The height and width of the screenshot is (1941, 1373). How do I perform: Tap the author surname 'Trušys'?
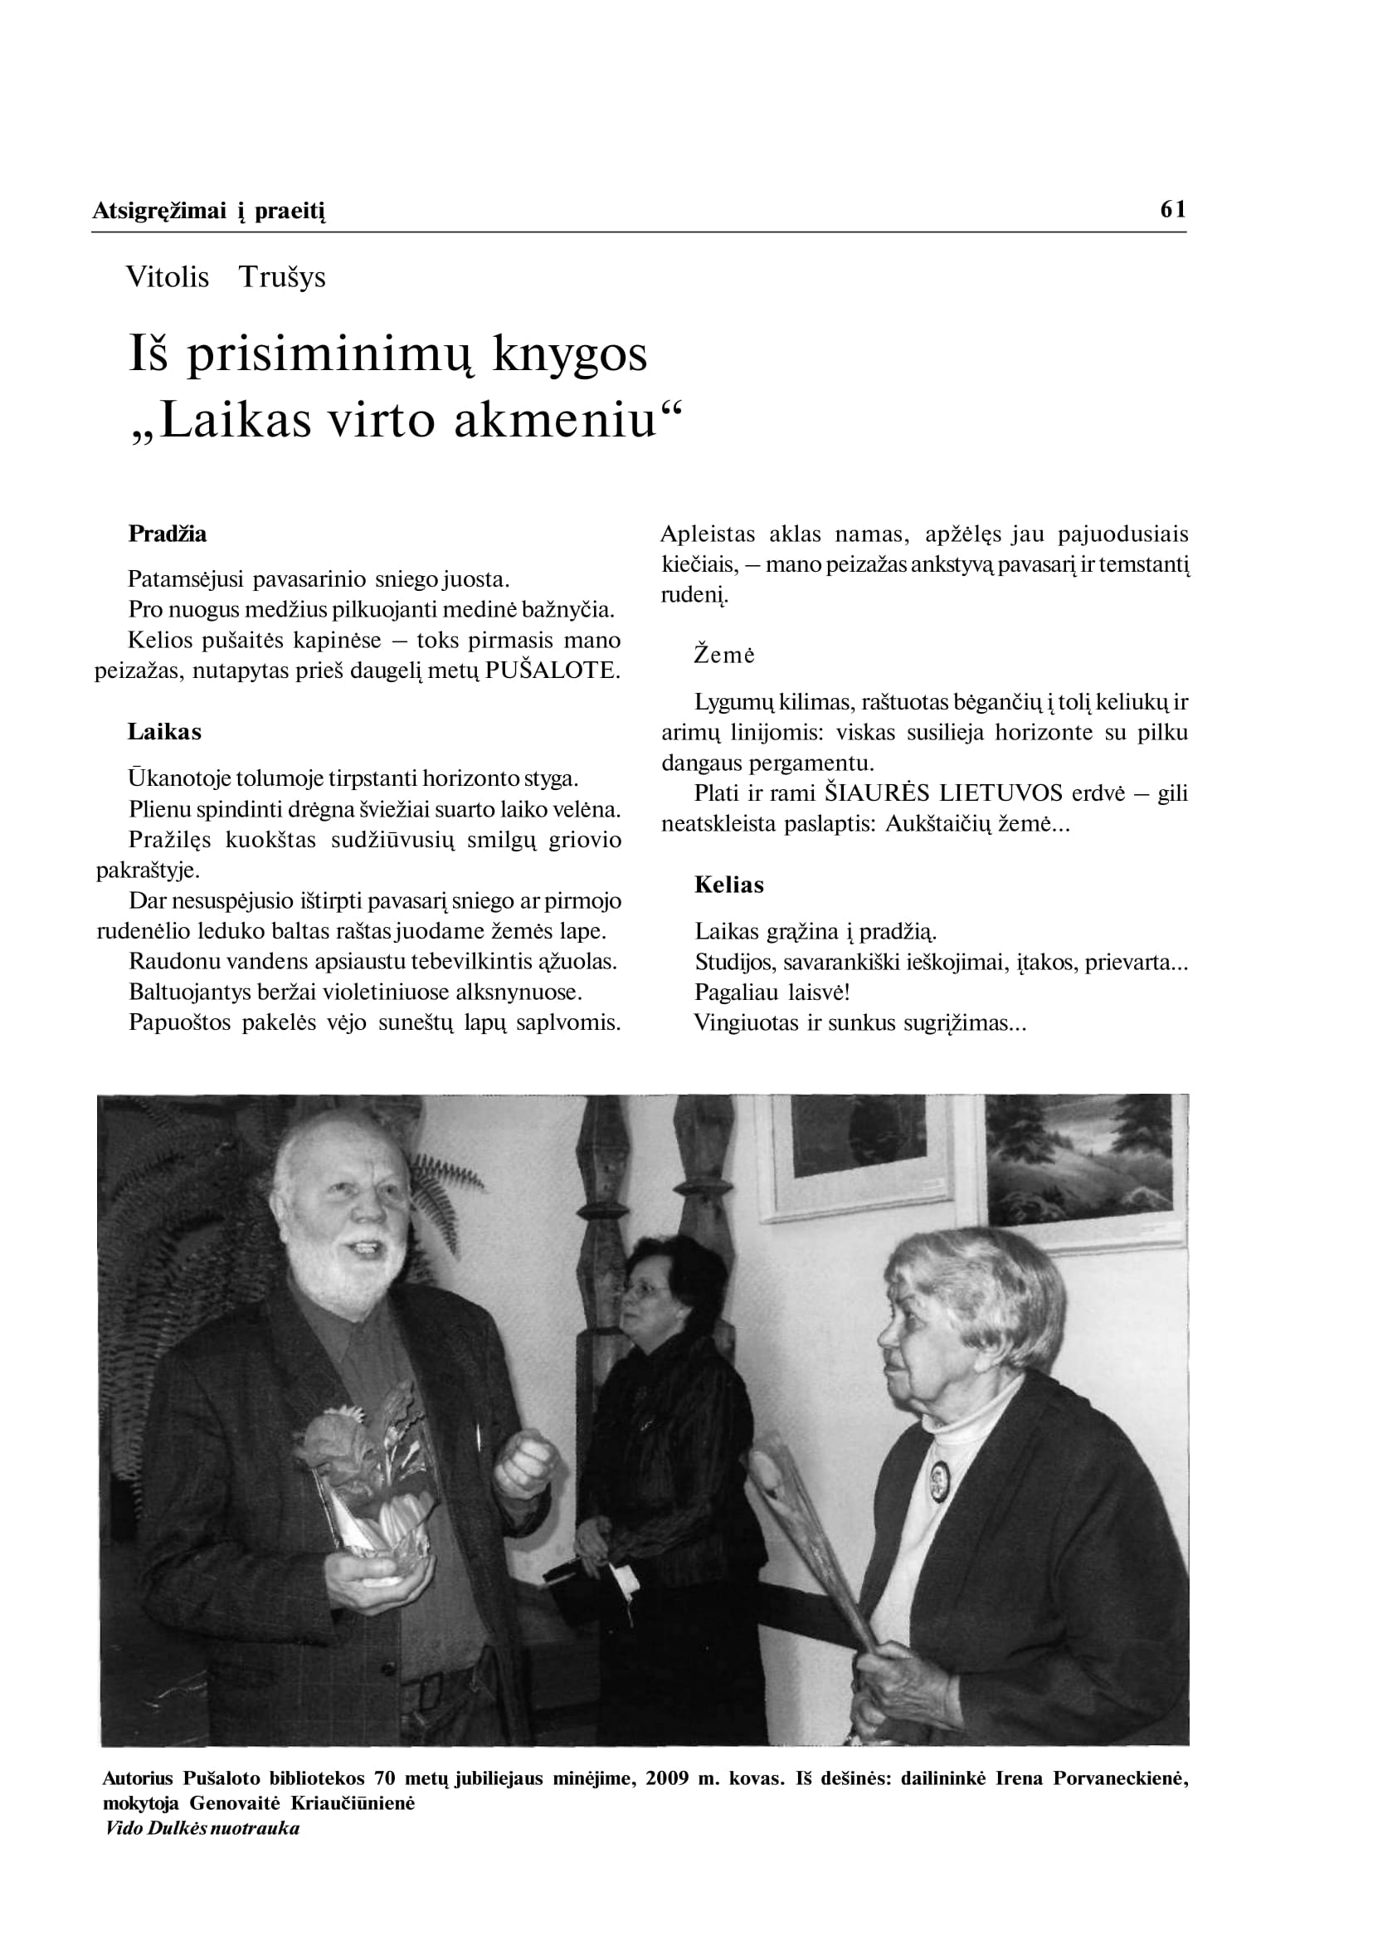(281, 276)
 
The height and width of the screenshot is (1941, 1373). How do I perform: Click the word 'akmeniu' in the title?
(556, 420)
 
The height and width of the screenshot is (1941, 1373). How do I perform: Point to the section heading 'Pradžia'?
(168, 534)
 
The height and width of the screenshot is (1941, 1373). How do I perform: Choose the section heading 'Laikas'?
(164, 732)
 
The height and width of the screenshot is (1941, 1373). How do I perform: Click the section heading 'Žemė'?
(724, 655)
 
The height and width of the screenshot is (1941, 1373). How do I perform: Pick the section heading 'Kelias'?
(728, 885)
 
